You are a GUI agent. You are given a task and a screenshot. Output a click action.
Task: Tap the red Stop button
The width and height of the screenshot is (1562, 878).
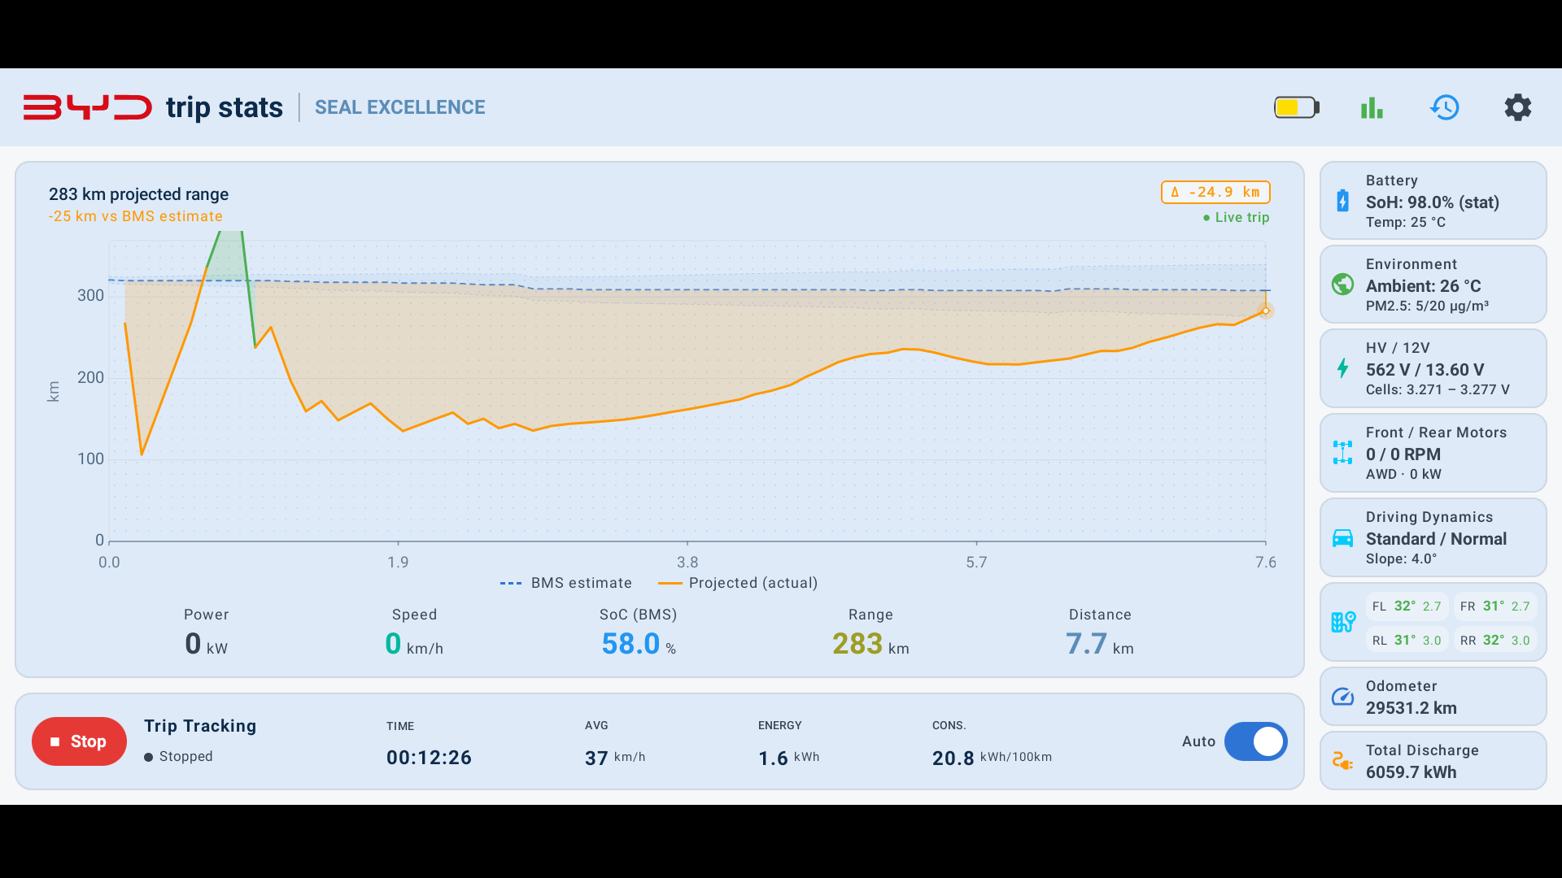(x=79, y=741)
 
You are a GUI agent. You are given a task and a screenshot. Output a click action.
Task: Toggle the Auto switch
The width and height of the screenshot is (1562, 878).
(x=1255, y=741)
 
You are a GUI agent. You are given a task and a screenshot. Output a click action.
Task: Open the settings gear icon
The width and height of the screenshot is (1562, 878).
(x=1517, y=107)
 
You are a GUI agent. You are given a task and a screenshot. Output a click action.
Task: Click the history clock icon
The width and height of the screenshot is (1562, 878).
(x=1445, y=107)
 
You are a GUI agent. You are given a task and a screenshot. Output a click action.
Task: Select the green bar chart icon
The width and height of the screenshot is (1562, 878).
(x=1372, y=107)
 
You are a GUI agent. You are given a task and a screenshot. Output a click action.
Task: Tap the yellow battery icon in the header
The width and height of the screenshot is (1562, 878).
(x=1297, y=107)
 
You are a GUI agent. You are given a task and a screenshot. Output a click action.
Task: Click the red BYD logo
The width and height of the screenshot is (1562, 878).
(x=88, y=107)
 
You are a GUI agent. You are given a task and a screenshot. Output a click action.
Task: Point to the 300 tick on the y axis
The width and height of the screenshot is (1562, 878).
(x=90, y=295)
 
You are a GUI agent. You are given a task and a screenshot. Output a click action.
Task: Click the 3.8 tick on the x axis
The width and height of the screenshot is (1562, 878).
(x=687, y=562)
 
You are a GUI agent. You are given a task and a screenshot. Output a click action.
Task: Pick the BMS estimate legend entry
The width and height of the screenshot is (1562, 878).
(x=566, y=583)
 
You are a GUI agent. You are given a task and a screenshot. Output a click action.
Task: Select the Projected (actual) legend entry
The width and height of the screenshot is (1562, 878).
(x=738, y=583)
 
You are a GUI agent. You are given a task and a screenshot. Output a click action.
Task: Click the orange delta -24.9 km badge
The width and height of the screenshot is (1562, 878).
(x=1215, y=192)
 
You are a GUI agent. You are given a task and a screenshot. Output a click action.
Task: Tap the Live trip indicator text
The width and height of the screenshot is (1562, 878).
(x=1236, y=217)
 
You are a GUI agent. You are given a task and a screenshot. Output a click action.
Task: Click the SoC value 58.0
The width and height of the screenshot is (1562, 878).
(x=630, y=644)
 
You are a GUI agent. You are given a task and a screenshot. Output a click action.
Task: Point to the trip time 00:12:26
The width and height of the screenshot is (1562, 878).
(x=429, y=758)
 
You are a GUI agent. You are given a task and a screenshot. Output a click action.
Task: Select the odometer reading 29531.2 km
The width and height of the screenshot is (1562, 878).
(x=1411, y=708)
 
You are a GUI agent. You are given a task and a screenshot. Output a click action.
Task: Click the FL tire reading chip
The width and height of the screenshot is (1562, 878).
(x=1407, y=606)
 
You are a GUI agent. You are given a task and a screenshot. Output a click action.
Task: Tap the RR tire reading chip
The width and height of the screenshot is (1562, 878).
(x=1494, y=640)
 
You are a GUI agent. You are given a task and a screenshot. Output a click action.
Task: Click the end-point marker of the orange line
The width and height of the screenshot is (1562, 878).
(x=1266, y=311)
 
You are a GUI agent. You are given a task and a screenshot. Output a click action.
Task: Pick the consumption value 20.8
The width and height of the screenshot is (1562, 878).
(x=953, y=758)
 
